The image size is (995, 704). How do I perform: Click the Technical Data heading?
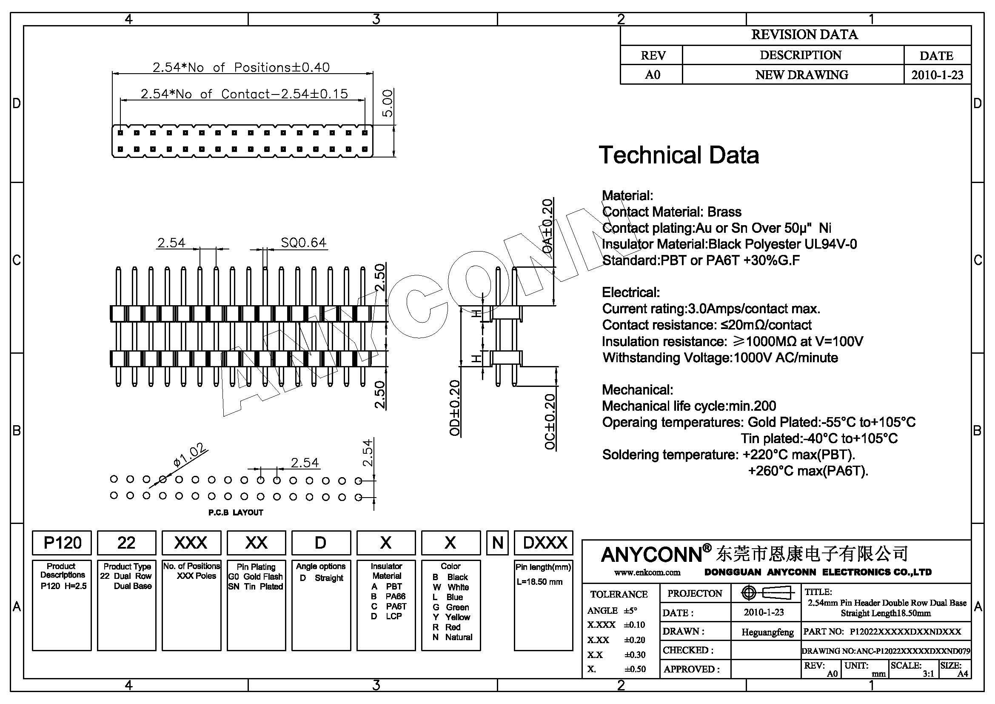[x=679, y=155]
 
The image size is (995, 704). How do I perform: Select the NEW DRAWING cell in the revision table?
[x=802, y=74]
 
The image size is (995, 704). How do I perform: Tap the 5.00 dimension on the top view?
[x=388, y=103]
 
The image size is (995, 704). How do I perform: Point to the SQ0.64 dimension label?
[x=303, y=242]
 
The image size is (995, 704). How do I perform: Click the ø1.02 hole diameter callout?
[x=189, y=455]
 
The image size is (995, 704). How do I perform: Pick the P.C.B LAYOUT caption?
[x=236, y=512]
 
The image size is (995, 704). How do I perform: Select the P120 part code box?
[x=62, y=543]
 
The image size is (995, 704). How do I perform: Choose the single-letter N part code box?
[x=498, y=543]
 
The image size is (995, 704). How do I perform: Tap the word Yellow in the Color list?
[x=457, y=617]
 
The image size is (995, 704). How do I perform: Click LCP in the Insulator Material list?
[x=393, y=616]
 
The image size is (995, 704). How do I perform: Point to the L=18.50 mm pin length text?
[x=539, y=582]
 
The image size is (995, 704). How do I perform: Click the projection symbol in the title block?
[x=766, y=592]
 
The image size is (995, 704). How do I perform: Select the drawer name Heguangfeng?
[x=767, y=632]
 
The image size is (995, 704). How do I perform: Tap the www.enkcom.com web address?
[x=647, y=572]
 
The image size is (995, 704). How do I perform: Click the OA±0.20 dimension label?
[x=548, y=226]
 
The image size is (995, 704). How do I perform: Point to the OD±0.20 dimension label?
[x=455, y=408]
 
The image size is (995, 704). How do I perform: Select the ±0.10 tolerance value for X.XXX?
[x=634, y=625]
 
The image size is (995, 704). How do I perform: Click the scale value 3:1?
[x=928, y=674]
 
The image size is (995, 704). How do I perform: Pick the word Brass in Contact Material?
[x=724, y=212]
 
